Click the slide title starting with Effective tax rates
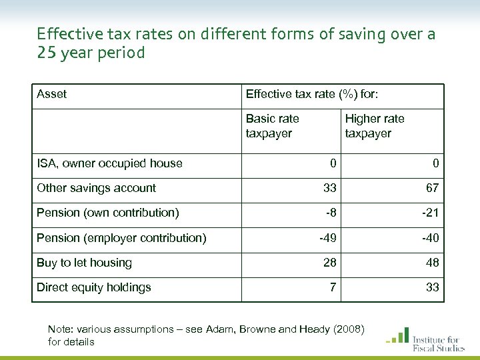(x=236, y=43)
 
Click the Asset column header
(x=51, y=94)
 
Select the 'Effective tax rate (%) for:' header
(x=312, y=94)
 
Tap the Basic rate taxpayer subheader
(x=272, y=126)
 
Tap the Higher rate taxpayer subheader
(x=374, y=126)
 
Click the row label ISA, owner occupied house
(x=109, y=163)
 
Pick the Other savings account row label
(x=96, y=188)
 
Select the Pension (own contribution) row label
(x=107, y=213)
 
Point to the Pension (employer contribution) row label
(x=121, y=238)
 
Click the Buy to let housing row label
(x=84, y=263)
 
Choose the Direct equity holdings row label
(x=93, y=287)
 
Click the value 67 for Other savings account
(x=432, y=188)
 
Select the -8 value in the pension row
(x=330, y=213)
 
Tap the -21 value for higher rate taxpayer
(x=429, y=213)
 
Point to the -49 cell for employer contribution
(x=327, y=238)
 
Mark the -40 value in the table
(x=429, y=238)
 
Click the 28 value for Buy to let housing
(x=330, y=263)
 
